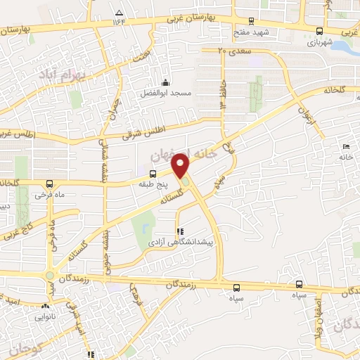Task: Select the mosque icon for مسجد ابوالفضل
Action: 165,82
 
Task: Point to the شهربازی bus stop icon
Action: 321,30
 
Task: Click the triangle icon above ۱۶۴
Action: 118,12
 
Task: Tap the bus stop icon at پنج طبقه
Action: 153,173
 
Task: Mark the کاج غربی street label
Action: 20,227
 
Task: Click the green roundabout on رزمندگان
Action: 50,275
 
